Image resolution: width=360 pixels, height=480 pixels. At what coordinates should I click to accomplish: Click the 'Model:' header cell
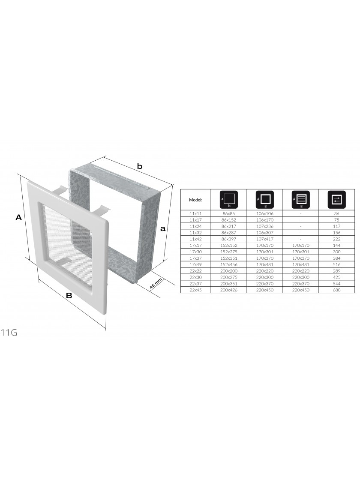coord(195,200)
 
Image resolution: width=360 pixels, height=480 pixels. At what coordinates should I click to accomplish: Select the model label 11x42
coord(195,239)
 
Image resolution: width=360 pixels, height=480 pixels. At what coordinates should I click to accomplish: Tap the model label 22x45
coord(195,290)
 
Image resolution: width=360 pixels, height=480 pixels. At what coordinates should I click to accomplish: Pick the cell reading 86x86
coord(229,214)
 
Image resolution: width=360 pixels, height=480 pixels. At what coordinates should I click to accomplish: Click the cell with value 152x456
coord(229,264)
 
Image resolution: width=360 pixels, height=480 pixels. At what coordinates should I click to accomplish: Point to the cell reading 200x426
coord(229,290)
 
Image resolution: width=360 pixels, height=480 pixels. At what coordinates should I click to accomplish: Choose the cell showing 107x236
coord(265,226)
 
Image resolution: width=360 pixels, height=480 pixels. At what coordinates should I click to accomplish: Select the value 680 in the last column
coord(336,290)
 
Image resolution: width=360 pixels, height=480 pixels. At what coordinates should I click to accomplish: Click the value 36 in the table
coord(336,214)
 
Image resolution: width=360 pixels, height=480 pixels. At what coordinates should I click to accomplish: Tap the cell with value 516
coord(336,264)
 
